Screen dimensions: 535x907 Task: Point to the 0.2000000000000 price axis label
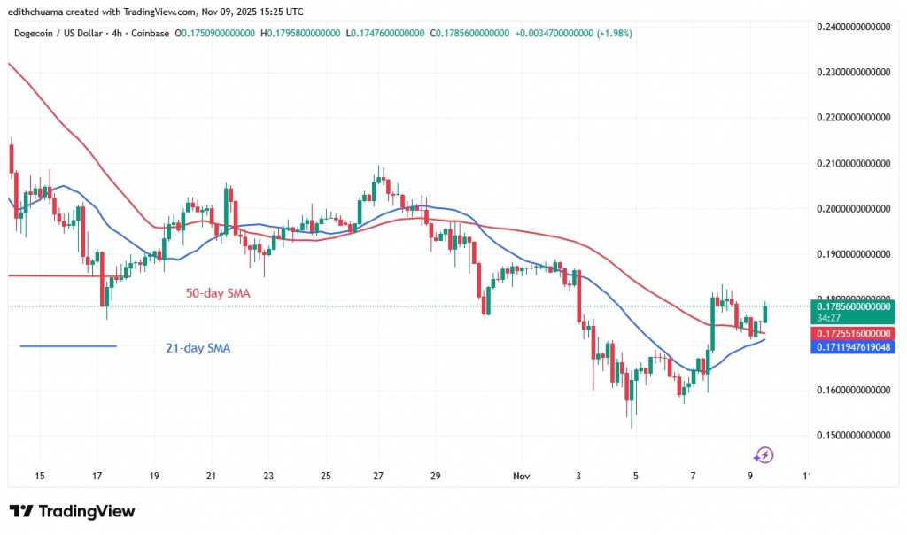(853, 208)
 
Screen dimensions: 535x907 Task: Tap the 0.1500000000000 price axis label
(853, 435)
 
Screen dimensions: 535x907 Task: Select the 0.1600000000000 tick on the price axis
(853, 390)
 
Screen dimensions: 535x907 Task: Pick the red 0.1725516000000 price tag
(853, 332)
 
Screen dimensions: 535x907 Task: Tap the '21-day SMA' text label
(198, 349)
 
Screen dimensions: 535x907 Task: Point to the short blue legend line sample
(68, 345)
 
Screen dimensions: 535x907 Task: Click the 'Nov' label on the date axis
(522, 476)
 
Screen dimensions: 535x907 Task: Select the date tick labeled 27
(379, 476)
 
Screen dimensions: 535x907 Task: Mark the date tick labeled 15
(39, 476)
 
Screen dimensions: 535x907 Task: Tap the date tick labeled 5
(636, 476)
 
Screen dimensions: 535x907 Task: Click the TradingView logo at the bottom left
(73, 511)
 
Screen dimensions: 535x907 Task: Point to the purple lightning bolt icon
(764, 455)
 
